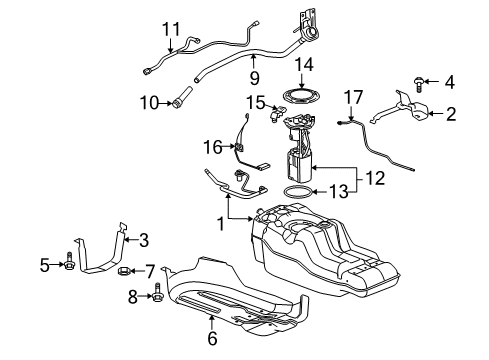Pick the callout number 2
coord(450,114)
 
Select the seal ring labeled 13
coord(296,189)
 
